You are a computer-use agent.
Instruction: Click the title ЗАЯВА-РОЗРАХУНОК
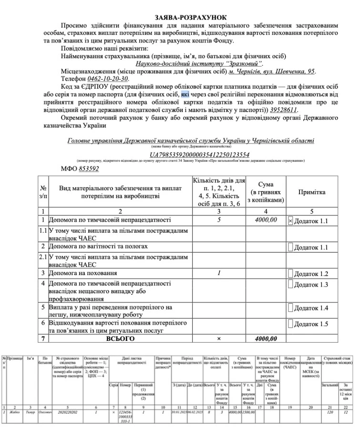[180, 17]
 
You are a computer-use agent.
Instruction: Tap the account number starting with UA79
[200, 155]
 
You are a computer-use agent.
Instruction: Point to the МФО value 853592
[89, 169]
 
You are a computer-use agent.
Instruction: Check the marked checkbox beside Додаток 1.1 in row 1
[291, 221]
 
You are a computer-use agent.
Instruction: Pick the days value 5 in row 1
[219, 220]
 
